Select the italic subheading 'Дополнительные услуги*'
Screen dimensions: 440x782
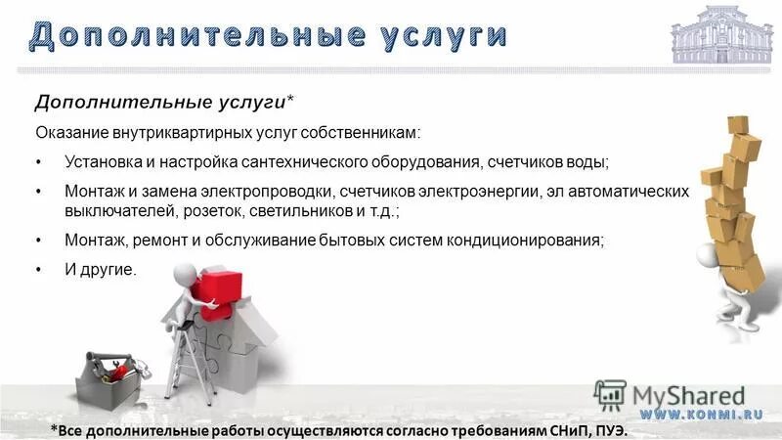(x=165, y=103)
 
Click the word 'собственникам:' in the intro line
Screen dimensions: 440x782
(x=369, y=132)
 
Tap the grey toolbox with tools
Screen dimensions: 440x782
(x=109, y=376)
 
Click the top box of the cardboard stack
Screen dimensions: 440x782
(x=738, y=125)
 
